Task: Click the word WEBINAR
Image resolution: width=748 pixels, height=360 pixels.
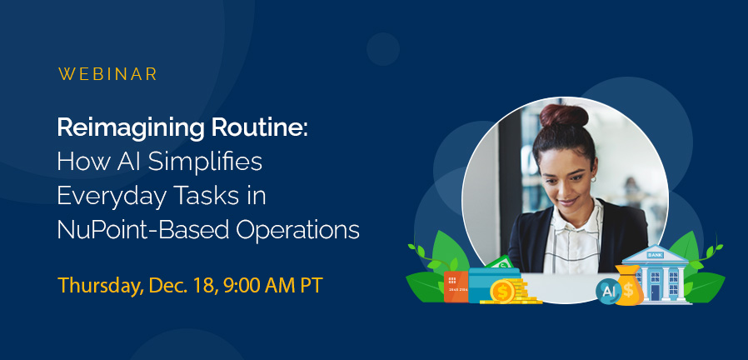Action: click(x=107, y=74)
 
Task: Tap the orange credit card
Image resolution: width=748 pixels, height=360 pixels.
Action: click(x=455, y=286)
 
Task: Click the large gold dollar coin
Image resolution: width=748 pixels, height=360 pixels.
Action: click(x=502, y=291)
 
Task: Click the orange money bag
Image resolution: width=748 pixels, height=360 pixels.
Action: click(x=630, y=287)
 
